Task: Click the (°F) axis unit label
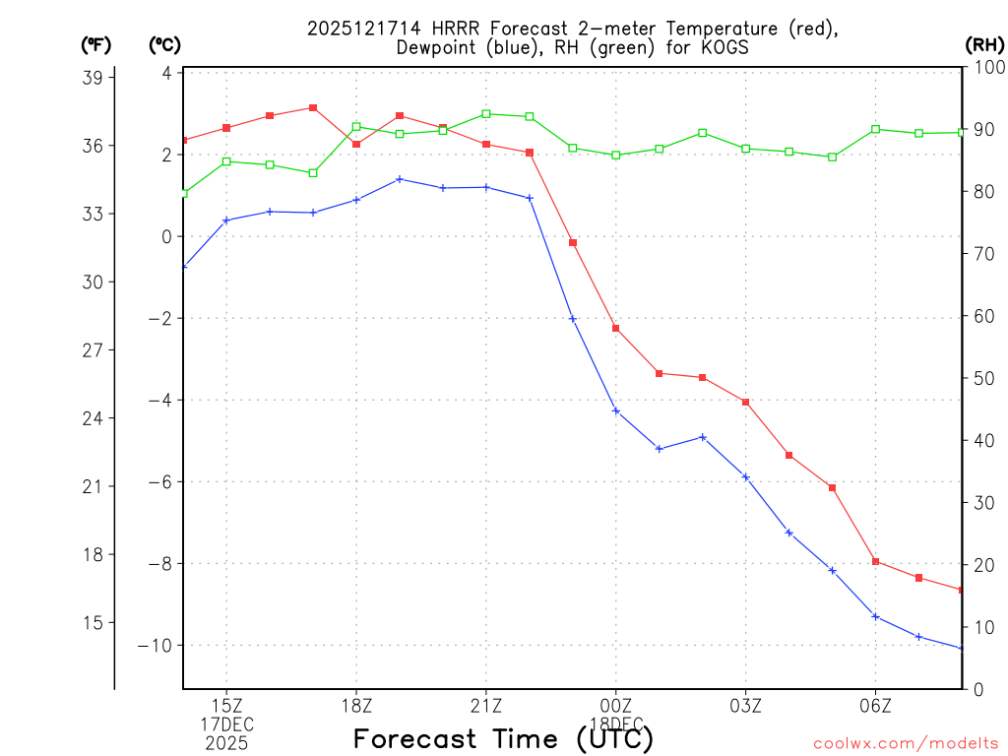[x=96, y=44]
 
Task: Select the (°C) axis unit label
[x=164, y=44]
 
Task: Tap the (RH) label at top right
[x=983, y=44]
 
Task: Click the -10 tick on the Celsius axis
[x=158, y=646]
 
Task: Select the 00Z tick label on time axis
[x=616, y=706]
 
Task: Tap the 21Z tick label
[x=486, y=706]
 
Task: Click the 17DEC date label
[x=226, y=724]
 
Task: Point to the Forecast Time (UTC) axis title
[x=503, y=738]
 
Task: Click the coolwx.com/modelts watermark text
[x=906, y=743]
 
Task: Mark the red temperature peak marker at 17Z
[x=313, y=107]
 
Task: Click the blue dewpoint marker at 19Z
[x=400, y=179]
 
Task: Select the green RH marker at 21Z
[x=486, y=114]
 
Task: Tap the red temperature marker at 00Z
[x=616, y=328]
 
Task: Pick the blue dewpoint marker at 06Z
[x=875, y=616]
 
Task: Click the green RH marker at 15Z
[x=226, y=161]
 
